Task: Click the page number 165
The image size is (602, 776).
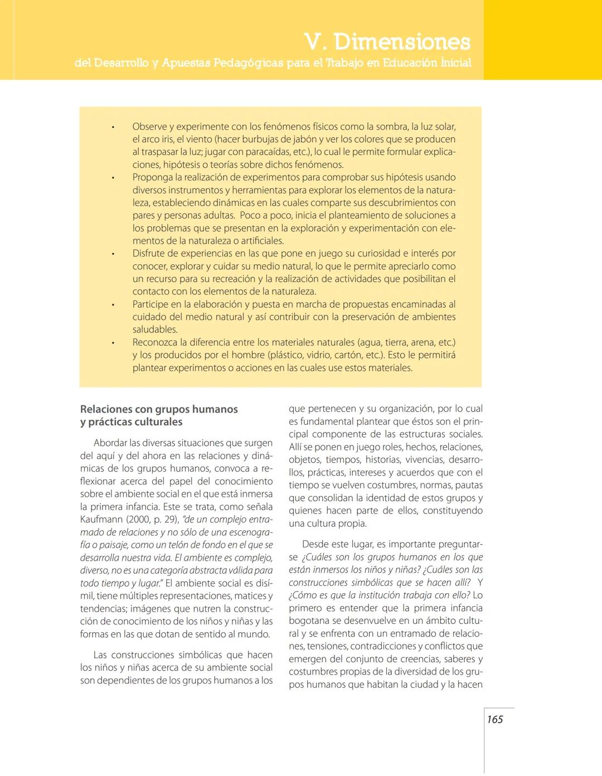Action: [x=494, y=719]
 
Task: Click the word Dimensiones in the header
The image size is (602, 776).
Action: [x=402, y=42]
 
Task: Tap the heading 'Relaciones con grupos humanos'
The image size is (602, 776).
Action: [x=159, y=409]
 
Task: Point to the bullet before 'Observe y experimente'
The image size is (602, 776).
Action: [x=113, y=127]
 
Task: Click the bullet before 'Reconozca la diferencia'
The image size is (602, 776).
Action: [x=113, y=343]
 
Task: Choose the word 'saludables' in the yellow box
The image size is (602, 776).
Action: [x=154, y=329]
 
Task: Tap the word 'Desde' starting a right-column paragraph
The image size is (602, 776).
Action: [x=315, y=544]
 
